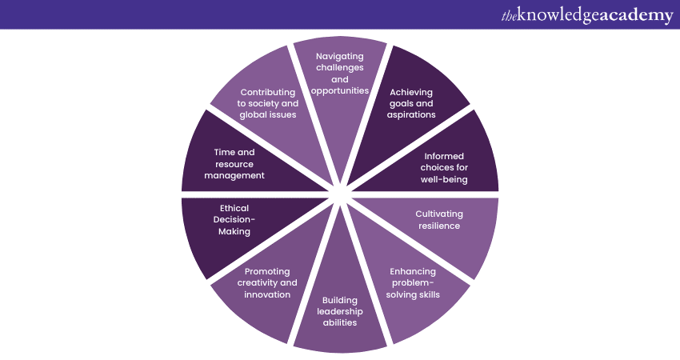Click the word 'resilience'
[439, 226]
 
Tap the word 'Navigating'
[339, 57]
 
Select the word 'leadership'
[340, 312]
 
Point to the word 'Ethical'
[234, 208]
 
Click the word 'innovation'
[267, 294]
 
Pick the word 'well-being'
[444, 179]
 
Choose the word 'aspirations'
[411, 115]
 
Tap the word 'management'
[234, 176]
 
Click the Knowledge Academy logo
[587, 15]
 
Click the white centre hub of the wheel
[341, 194]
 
